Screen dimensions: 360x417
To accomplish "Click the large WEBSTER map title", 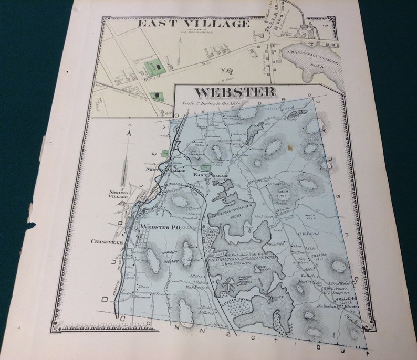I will point(235,92).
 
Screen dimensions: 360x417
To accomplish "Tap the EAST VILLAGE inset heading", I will point(193,24).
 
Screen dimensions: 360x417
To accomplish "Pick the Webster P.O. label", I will point(160,227).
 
